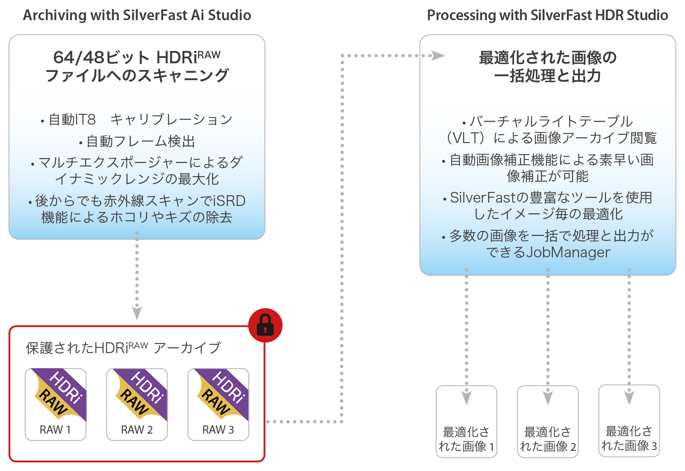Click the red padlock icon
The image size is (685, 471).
coord(265,325)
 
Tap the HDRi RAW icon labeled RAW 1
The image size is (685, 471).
coord(60,395)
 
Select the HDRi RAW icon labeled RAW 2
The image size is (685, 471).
coord(141,395)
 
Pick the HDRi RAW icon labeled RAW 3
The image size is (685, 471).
coord(223,395)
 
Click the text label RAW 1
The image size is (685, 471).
coord(55,430)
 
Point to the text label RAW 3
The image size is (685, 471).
coord(218,430)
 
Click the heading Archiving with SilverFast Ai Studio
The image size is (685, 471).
coord(137,15)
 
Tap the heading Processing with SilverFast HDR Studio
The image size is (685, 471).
coord(547,15)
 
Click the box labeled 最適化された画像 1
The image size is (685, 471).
coord(466,422)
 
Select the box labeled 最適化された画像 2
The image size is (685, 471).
coord(548,422)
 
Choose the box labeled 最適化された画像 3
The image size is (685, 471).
coord(629,421)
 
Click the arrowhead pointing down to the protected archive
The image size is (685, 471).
coord(137,313)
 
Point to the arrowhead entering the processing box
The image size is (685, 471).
coord(438,55)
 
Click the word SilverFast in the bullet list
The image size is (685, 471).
coord(483,198)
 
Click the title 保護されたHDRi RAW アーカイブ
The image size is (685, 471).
coord(123,348)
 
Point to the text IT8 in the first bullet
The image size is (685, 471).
coord(84,120)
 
